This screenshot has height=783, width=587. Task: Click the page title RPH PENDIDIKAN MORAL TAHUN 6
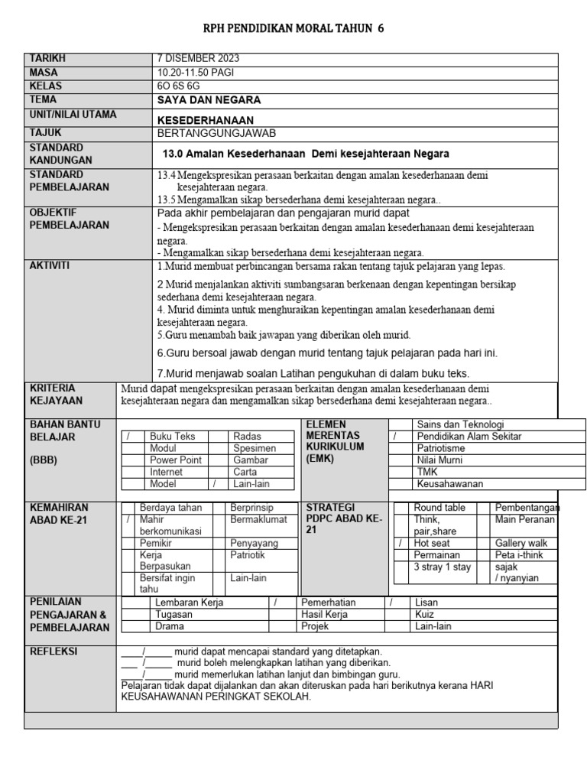(293, 29)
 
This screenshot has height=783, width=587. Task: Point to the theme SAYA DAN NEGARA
(209, 100)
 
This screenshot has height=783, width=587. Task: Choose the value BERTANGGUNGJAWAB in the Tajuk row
(216, 133)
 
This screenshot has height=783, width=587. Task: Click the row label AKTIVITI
(50, 265)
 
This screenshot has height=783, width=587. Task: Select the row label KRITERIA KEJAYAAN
(56, 394)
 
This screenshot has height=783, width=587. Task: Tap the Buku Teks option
(173, 437)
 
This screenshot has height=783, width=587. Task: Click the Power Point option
(176, 460)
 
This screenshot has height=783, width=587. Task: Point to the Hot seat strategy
(432, 544)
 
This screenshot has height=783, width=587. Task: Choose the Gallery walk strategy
(521, 544)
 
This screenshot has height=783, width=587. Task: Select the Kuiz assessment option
(424, 615)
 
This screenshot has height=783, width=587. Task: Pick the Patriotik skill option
(248, 555)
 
